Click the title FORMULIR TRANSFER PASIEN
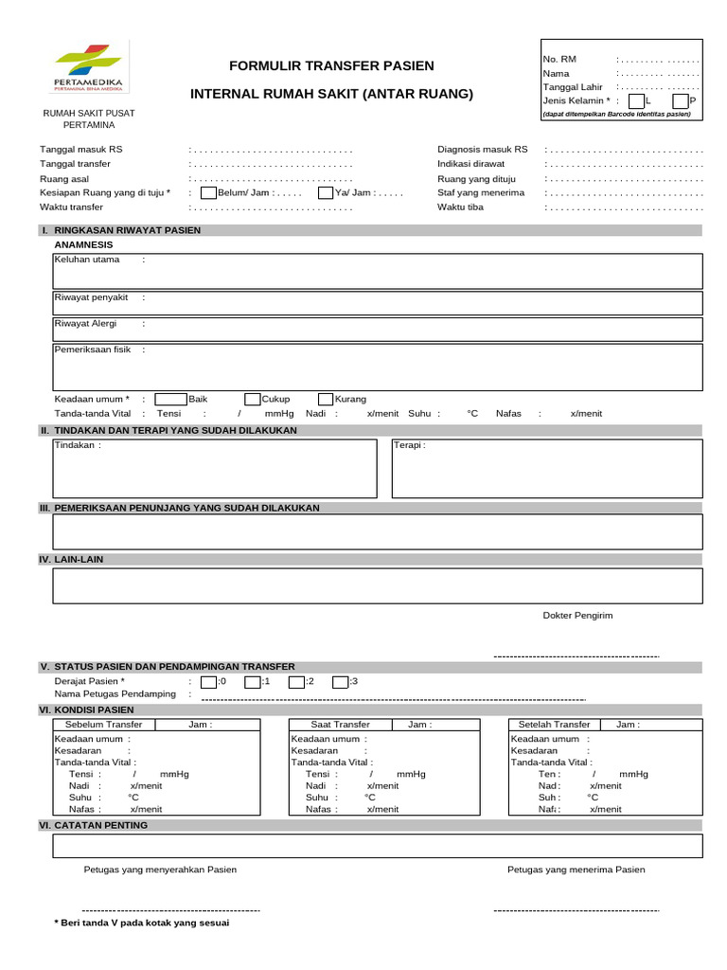331,65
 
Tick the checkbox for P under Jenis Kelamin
680,100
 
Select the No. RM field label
559,59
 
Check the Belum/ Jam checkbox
208,193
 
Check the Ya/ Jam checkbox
326,193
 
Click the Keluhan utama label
87,259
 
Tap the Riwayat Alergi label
85,323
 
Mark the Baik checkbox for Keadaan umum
170,399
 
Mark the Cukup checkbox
252,399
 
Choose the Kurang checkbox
326,399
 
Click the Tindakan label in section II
77,444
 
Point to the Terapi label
411,444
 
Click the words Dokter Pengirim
577,615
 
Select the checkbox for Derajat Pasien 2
296,681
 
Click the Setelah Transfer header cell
554,725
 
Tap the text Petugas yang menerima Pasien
576,869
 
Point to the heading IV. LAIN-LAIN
72,560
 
